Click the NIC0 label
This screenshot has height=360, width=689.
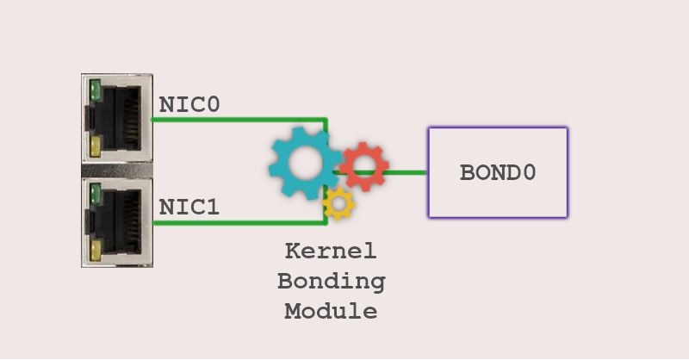click(189, 104)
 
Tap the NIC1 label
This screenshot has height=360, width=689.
click(189, 207)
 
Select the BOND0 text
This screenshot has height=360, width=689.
click(498, 172)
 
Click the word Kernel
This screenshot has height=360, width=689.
click(331, 251)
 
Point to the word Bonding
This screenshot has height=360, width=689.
click(332, 282)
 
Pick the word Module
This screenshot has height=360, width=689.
click(331, 311)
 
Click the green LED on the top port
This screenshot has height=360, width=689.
click(95, 90)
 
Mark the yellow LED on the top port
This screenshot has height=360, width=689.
click(96, 146)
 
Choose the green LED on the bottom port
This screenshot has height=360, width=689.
click(95, 195)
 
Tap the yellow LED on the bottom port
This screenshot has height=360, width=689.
click(96, 251)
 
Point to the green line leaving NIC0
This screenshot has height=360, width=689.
click(239, 120)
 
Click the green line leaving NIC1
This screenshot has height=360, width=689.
click(239, 223)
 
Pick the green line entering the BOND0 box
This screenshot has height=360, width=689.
click(404, 173)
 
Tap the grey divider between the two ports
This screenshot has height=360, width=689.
click(117, 170)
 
